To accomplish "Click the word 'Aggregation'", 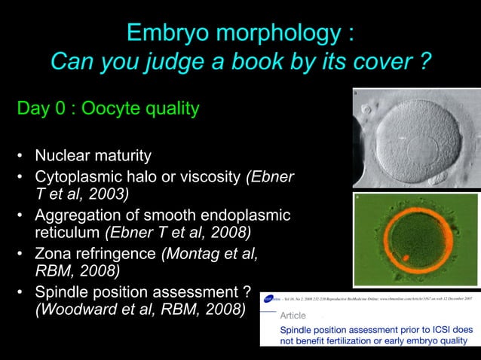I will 79,215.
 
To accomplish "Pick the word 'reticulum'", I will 68,232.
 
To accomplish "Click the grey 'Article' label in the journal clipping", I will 294,316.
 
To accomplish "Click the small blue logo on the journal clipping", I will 269,299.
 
